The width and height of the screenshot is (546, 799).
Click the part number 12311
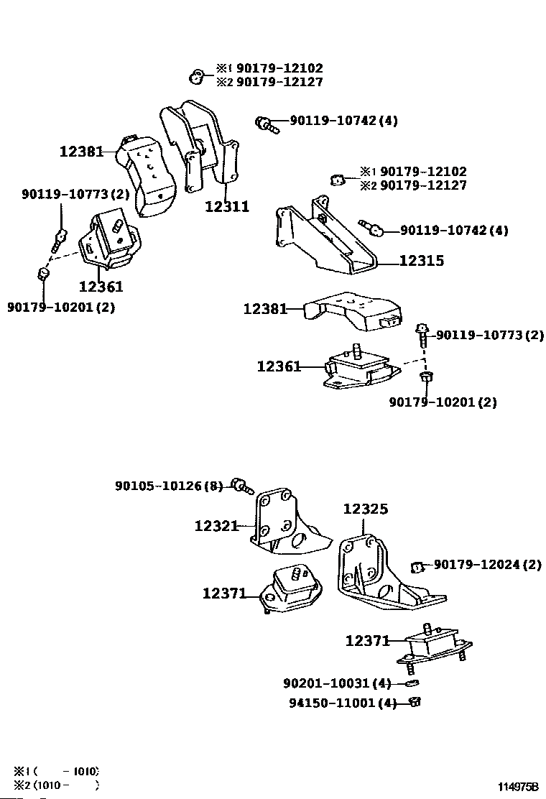pos(227,207)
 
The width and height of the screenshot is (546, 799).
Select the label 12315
pos(421,262)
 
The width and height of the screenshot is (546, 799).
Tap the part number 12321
pos(216,526)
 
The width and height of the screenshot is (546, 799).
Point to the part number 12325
pos(365,509)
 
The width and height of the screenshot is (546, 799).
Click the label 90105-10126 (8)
pos(170,486)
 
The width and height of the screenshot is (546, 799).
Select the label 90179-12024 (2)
pos(487,565)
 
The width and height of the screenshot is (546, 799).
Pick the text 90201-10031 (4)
pos(337,683)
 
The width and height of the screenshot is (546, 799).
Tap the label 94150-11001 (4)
pos(337,703)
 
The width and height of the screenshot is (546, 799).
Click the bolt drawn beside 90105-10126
pos(241,488)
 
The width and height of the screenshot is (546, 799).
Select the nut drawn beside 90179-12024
pos(416,568)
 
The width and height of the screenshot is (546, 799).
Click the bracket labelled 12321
pos(283,525)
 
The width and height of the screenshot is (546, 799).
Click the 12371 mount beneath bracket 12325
pos(430,645)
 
